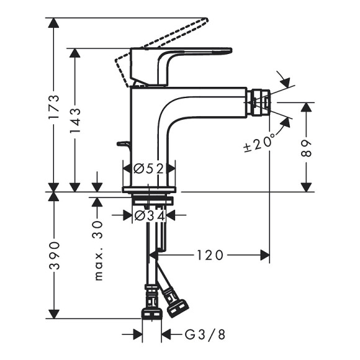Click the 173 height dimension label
(55, 107)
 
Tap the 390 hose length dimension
(55, 254)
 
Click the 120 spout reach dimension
(210, 254)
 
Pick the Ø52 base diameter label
(149, 168)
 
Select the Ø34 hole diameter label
(149, 215)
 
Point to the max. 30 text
(98, 248)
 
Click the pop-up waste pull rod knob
(124, 144)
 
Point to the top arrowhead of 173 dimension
(55, 23)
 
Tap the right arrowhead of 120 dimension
(265, 254)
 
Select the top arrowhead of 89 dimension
(306, 107)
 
